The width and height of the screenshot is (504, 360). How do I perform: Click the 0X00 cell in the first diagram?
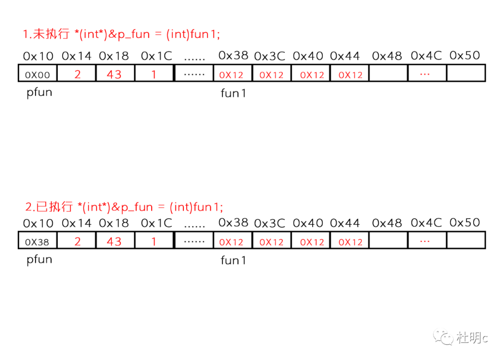pyautogui.click(x=37, y=74)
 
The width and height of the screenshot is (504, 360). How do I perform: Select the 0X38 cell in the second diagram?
pyautogui.click(x=37, y=242)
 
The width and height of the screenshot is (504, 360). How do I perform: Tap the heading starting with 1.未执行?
pyautogui.click(x=121, y=34)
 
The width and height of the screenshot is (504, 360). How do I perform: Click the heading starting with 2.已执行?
pyautogui.click(x=124, y=207)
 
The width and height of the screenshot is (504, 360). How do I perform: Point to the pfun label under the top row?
pyautogui.click(x=39, y=92)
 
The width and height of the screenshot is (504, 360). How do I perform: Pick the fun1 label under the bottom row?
pyautogui.click(x=233, y=261)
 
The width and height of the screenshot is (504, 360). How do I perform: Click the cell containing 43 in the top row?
pyautogui.click(x=114, y=74)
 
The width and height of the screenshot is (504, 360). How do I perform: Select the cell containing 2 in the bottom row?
pyautogui.click(x=77, y=241)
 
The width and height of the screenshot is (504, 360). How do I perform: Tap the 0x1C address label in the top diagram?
pyautogui.click(x=156, y=56)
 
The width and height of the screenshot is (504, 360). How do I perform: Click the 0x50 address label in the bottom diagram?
pyautogui.click(x=465, y=223)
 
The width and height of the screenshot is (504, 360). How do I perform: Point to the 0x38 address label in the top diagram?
pyautogui.click(x=233, y=56)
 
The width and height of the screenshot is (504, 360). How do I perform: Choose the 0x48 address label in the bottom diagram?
pyautogui.click(x=387, y=224)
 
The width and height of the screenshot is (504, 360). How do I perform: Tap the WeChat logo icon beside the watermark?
pyautogui.click(x=443, y=337)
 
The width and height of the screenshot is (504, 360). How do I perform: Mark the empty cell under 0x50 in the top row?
pyautogui.click(x=466, y=73)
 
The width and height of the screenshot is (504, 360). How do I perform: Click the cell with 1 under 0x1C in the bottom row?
pyautogui.click(x=154, y=241)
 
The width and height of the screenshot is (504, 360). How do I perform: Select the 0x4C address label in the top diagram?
pyautogui.click(x=426, y=56)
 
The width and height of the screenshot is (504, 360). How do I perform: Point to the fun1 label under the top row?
pyautogui.click(x=233, y=93)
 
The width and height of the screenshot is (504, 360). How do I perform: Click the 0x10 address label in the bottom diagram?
pyautogui.click(x=38, y=224)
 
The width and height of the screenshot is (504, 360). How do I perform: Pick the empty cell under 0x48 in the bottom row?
pyautogui.click(x=388, y=241)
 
